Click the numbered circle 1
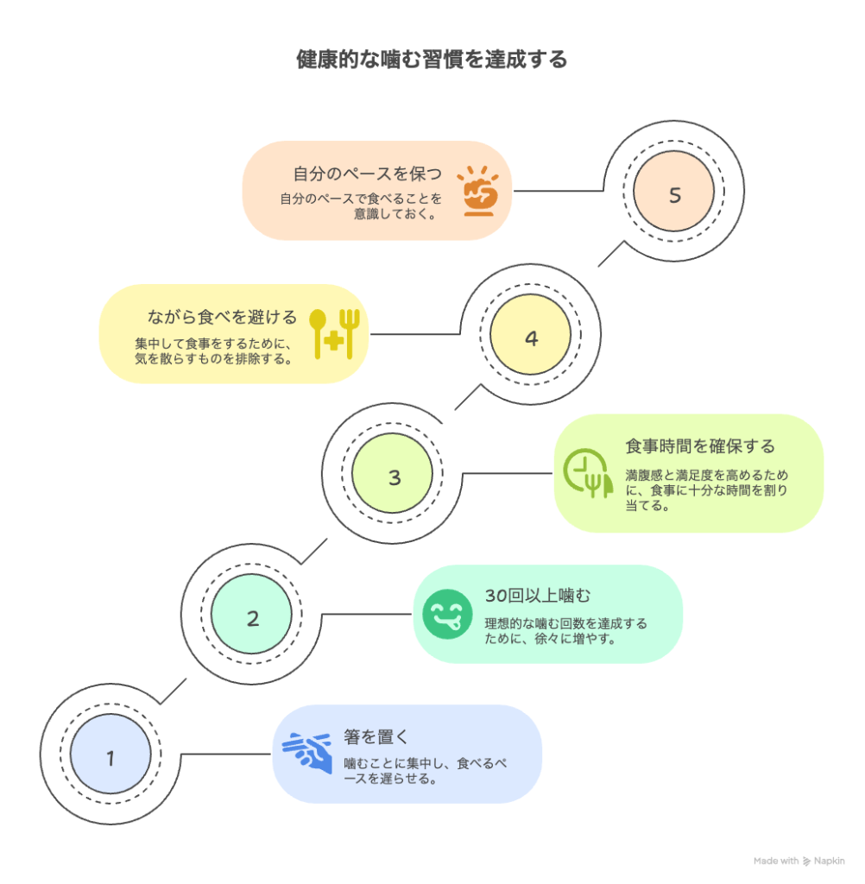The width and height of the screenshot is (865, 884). tap(110, 758)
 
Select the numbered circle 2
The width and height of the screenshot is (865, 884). tap(252, 618)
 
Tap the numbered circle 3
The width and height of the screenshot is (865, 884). tap(395, 477)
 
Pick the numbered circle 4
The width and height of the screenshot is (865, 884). tap(531, 338)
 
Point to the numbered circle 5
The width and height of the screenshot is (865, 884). tap(674, 195)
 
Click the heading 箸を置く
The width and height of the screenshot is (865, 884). tap(376, 736)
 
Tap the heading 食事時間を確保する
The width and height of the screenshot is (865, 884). tap(700, 446)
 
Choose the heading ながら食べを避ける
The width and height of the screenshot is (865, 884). tap(223, 316)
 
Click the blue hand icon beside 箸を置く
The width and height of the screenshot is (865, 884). tap(308, 753)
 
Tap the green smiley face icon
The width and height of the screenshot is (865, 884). tap(447, 615)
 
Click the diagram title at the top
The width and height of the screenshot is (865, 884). tap(432, 60)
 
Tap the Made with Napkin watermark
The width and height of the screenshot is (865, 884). tap(799, 861)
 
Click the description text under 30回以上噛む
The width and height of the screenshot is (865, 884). tap(565, 631)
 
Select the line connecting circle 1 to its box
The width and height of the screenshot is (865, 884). tap(224, 754)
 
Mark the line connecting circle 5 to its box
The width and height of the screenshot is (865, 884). tap(561, 191)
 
